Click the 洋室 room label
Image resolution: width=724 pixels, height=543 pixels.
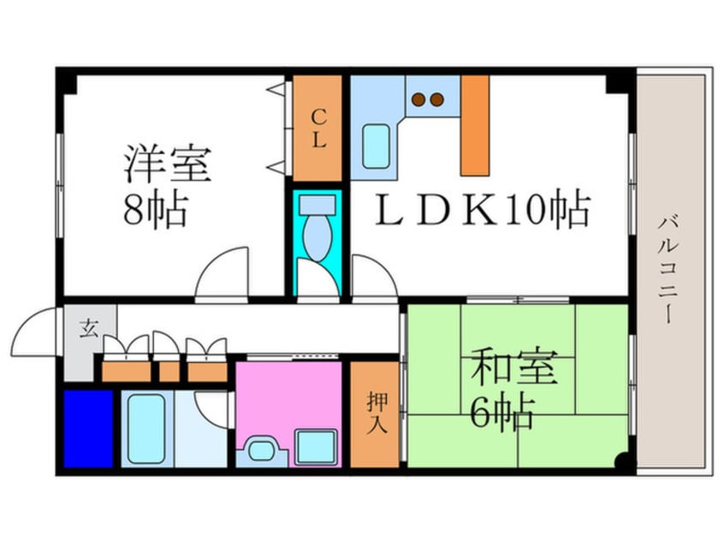[167, 164]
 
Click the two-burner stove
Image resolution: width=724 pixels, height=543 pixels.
[428, 99]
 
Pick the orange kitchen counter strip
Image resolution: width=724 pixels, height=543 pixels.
[475, 125]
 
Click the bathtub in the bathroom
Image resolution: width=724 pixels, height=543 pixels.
[145, 428]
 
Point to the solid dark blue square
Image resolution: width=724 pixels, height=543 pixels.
[88, 428]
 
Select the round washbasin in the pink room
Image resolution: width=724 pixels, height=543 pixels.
[260, 450]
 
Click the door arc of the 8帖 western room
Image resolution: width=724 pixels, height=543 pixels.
[223, 272]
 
